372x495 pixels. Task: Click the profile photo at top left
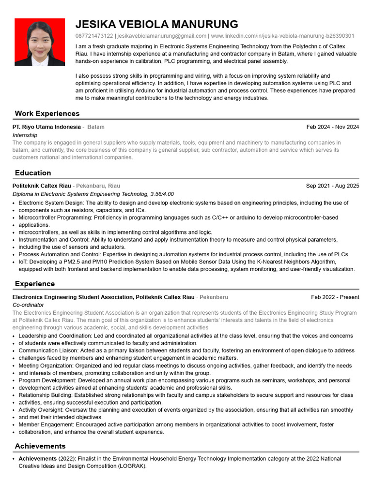pyautogui.click(x=40, y=42)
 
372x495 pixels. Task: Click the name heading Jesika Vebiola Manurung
pyautogui.click(x=157, y=24)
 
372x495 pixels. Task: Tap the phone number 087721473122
pyautogui.click(x=94, y=36)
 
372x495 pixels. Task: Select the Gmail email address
pyautogui.click(x=162, y=36)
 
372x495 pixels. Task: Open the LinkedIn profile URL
pyautogui.click(x=282, y=36)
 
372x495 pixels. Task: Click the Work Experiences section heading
pyautogui.click(x=47, y=114)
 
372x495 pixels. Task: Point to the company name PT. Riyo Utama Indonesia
pyautogui.click(x=46, y=127)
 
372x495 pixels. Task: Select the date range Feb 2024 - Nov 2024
pyautogui.click(x=333, y=127)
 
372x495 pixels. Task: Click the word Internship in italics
pyautogui.click(x=25, y=135)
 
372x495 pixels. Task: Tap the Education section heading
pyautogui.click(x=33, y=173)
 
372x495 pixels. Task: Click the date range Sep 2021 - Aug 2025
pyautogui.click(x=332, y=186)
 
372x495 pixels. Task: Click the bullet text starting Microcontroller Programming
pyautogui.click(x=178, y=218)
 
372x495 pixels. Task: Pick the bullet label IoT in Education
pyautogui.click(x=23, y=262)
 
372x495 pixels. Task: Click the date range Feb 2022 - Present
pyautogui.click(x=335, y=297)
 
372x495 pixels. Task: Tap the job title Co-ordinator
pyautogui.click(x=28, y=305)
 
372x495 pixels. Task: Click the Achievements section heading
pyautogui.click(x=40, y=446)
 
